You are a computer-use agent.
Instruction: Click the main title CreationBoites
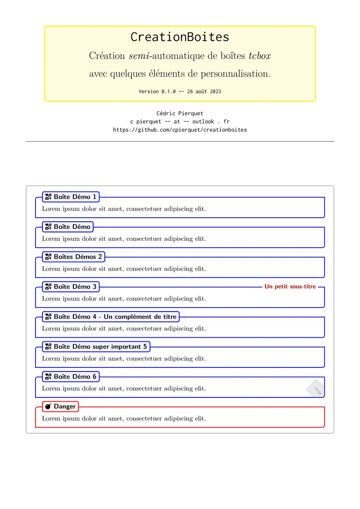point(180,37)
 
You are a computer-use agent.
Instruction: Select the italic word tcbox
point(260,56)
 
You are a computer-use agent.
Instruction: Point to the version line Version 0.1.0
point(180,91)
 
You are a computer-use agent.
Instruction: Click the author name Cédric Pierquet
point(180,113)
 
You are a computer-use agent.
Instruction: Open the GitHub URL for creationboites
point(180,129)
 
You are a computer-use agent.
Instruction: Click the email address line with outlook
point(180,121)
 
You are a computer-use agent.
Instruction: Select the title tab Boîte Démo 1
point(71,197)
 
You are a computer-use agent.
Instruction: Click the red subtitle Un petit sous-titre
point(290,286)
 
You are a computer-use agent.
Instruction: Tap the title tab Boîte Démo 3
point(71,286)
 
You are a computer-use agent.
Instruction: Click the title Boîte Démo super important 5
point(96,347)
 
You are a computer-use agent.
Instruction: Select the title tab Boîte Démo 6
point(71,376)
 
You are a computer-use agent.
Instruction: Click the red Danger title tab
point(61,406)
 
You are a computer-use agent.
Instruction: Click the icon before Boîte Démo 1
point(49,197)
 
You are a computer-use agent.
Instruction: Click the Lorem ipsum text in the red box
point(124,419)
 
